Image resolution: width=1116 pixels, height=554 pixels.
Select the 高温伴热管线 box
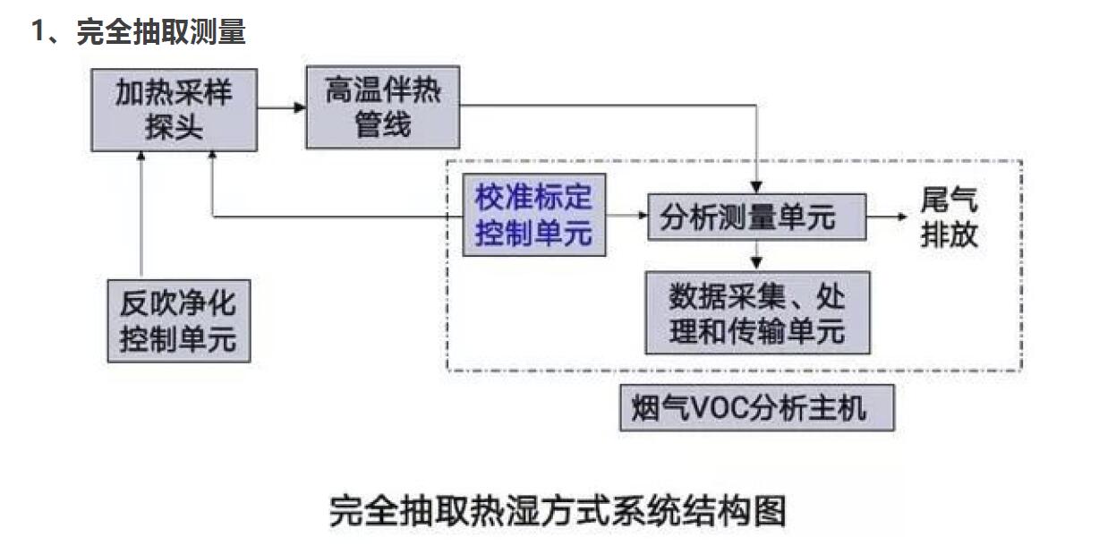pyautogui.click(x=382, y=107)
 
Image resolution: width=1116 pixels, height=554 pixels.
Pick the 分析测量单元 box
pyautogui.click(x=756, y=217)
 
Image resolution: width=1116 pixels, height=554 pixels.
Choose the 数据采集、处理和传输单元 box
pyautogui.click(x=756, y=312)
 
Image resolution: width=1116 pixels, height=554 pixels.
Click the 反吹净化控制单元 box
pyautogui.click(x=178, y=320)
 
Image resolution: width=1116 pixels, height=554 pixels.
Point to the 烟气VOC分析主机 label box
pyautogui.click(x=756, y=409)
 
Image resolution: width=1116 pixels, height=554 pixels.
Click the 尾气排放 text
pyautogui.click(x=949, y=217)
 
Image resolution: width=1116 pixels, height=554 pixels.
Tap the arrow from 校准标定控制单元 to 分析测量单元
pyautogui.click(x=626, y=217)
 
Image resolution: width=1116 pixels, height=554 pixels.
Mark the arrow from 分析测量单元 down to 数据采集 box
pyautogui.click(x=757, y=255)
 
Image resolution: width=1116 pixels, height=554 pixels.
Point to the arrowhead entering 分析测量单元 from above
pyautogui.click(x=757, y=187)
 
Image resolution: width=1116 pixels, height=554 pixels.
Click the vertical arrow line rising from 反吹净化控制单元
pyautogui.click(x=141, y=215)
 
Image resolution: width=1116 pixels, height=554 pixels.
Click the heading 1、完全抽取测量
pyautogui.click(x=138, y=33)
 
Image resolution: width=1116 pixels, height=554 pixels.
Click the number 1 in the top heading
pyautogui.click(x=38, y=33)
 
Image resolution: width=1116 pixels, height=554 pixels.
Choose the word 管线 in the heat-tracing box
pyautogui.click(x=382, y=124)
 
